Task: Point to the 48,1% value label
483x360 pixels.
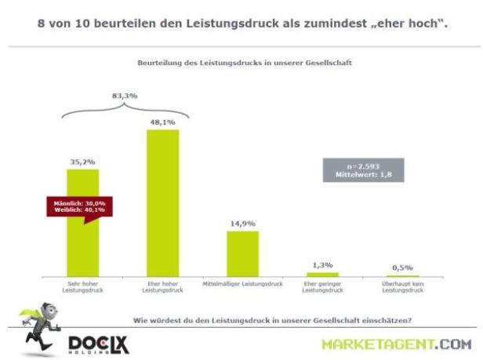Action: [162, 122]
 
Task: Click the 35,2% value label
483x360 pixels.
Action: [82, 162]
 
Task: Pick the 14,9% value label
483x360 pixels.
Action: [242, 224]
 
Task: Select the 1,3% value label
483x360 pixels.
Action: [322, 265]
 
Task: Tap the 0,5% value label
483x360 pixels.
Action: [402, 267]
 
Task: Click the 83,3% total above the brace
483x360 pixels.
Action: [123, 95]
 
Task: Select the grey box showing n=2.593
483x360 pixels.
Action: [363, 170]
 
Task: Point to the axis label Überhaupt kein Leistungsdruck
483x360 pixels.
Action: [402, 287]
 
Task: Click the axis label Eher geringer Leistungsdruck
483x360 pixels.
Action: [322, 287]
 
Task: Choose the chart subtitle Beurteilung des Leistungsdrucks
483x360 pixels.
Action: [241, 60]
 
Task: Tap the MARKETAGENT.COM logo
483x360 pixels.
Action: [396, 344]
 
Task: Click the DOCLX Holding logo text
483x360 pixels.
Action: [99, 344]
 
